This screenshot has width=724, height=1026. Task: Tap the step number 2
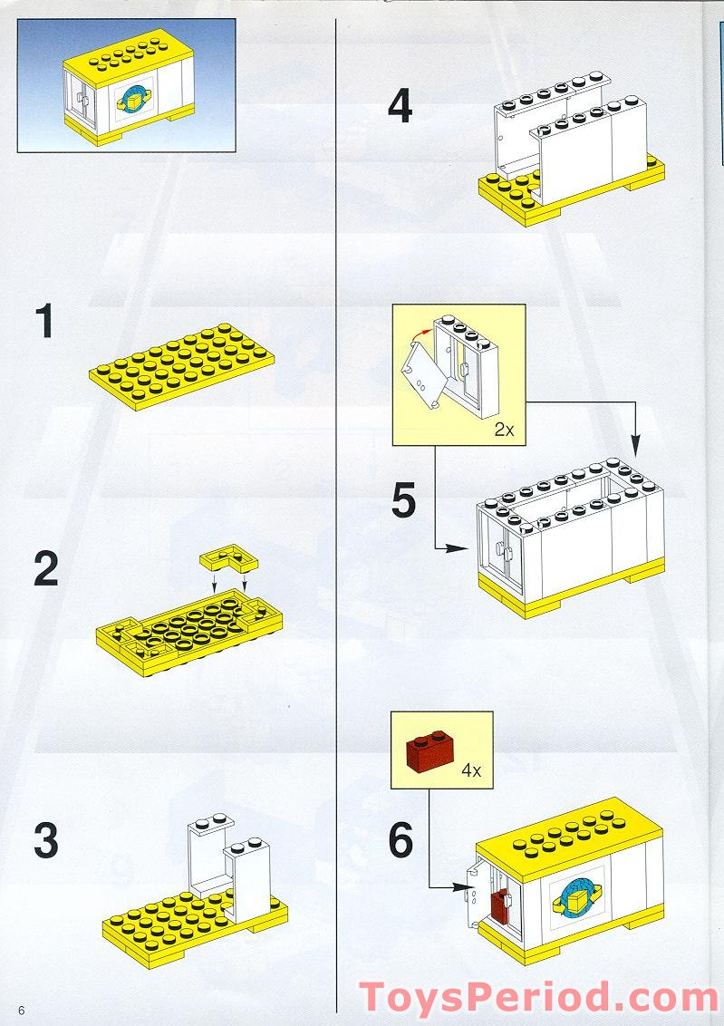coord(45,568)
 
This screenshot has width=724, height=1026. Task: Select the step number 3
coord(45,841)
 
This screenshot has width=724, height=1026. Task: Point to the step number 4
coord(400,107)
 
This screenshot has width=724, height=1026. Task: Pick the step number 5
coord(403,501)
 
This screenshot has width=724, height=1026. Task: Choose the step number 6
coord(401,841)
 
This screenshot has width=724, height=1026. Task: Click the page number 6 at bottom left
coord(19,1011)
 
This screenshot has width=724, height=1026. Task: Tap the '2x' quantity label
coord(504,430)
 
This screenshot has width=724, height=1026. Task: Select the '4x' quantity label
coord(470,771)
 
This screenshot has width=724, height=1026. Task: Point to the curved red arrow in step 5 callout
coord(420,341)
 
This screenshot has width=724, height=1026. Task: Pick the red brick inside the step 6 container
coord(500,907)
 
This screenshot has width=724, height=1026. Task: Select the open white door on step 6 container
coord(472,893)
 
